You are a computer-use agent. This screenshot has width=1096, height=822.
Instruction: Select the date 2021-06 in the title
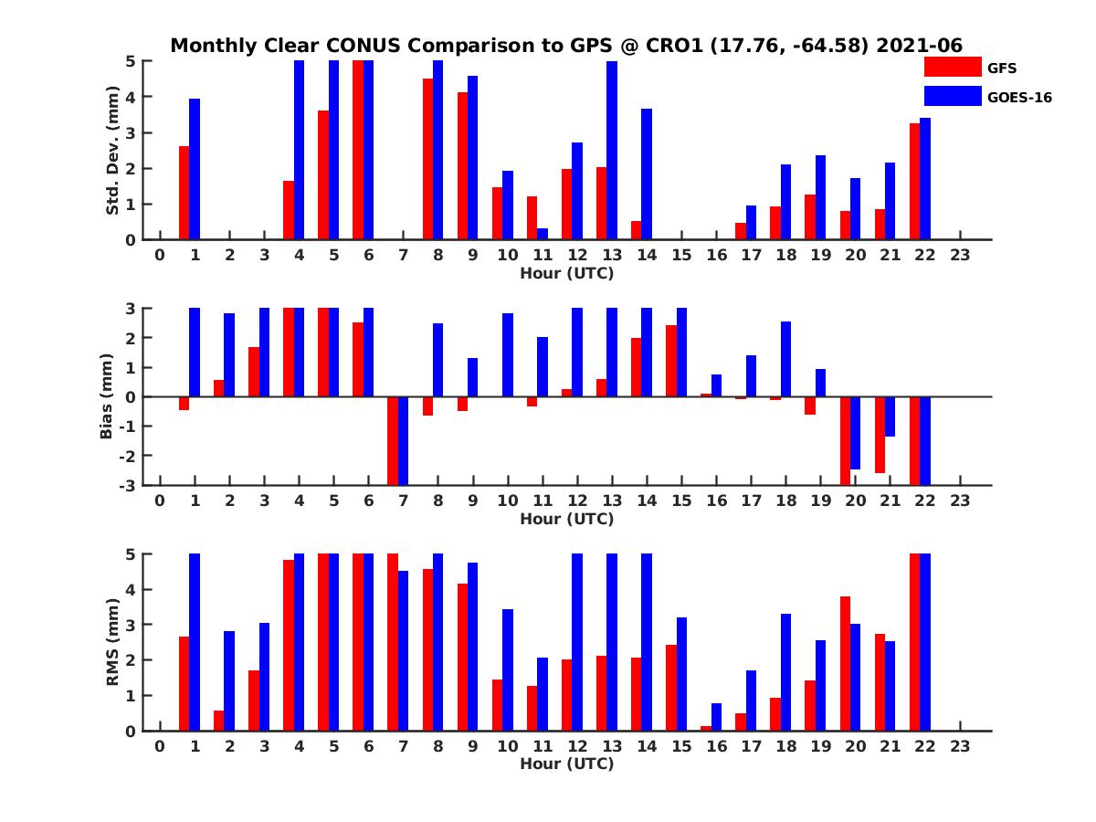click(919, 46)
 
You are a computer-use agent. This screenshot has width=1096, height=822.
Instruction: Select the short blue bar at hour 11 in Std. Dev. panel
click(543, 234)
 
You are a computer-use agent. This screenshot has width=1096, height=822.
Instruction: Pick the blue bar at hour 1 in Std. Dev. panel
click(195, 169)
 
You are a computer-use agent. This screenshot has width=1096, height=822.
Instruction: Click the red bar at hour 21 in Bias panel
click(880, 435)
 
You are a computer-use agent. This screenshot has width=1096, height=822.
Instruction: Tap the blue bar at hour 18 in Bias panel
click(785, 359)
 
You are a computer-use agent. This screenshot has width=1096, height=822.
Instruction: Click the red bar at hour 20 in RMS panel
click(845, 663)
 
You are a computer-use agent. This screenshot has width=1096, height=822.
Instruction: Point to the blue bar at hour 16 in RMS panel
click(716, 717)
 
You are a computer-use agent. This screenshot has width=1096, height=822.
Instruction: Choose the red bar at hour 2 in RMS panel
click(219, 721)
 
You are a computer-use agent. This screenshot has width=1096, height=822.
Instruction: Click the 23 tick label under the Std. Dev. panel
click(959, 255)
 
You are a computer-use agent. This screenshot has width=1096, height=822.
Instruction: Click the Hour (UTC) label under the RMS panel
click(566, 764)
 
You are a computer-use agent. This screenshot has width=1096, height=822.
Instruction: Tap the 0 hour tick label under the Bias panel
click(160, 501)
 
